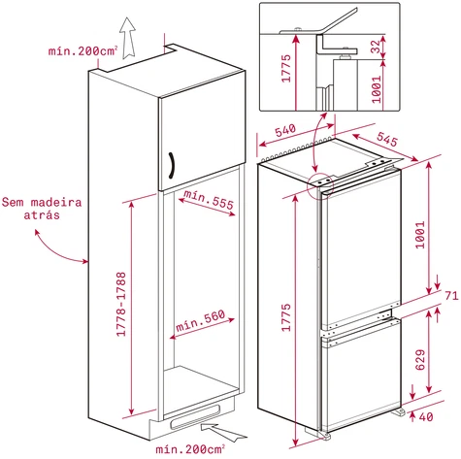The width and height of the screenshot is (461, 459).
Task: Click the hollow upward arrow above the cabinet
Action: pyautogui.click(x=127, y=38)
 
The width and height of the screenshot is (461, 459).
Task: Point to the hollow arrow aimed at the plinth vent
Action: pyautogui.click(x=223, y=432)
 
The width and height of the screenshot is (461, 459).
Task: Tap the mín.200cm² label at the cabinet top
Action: pyautogui.click(x=82, y=50)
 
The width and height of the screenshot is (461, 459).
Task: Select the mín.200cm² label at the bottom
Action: pyautogui.click(x=190, y=449)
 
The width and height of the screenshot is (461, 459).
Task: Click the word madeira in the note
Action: pyautogui.click(x=56, y=203)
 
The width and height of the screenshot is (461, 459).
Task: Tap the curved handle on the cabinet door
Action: pyautogui.click(x=172, y=165)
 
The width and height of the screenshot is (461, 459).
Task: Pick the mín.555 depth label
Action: pyautogui.click(x=209, y=199)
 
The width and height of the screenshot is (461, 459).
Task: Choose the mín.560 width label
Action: pyautogui.click(x=200, y=320)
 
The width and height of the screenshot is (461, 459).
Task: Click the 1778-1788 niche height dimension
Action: pyautogui.click(x=121, y=304)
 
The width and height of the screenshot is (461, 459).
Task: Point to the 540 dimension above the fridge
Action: pyautogui.click(x=285, y=130)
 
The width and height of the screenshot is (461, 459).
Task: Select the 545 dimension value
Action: pyautogui.click(x=387, y=139)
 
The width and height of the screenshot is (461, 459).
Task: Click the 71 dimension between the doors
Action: pyautogui.click(x=451, y=296)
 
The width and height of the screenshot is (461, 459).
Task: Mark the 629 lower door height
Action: pyautogui.click(x=420, y=359)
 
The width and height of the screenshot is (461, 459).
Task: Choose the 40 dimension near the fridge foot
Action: pyautogui.click(x=426, y=417)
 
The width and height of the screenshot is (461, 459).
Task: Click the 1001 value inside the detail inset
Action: pyautogui.click(x=377, y=89)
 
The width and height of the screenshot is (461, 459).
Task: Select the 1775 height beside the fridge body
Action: pyautogui.click(x=286, y=317)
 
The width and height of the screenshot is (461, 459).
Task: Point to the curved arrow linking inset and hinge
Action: pyautogui.click(x=314, y=143)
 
